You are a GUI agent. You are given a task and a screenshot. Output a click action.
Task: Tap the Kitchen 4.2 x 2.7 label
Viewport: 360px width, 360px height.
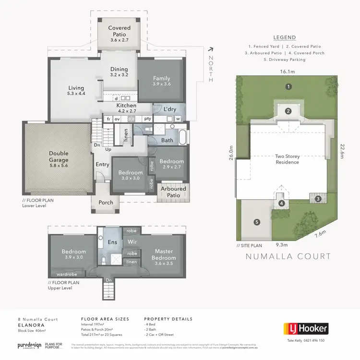[x=126, y=108]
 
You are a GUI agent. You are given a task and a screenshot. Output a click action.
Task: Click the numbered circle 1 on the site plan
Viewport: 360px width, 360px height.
[x=288, y=87]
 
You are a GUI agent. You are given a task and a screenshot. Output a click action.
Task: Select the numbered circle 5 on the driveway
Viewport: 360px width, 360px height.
[x=256, y=222]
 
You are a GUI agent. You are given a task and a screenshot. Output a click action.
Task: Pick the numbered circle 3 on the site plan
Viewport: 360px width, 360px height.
[x=317, y=198]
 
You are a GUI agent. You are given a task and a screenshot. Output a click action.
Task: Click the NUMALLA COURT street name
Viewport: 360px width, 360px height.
[x=288, y=256]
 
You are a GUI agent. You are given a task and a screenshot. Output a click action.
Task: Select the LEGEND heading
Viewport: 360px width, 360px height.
[x=284, y=37]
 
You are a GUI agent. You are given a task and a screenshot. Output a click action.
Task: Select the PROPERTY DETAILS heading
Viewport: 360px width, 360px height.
[x=168, y=319]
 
